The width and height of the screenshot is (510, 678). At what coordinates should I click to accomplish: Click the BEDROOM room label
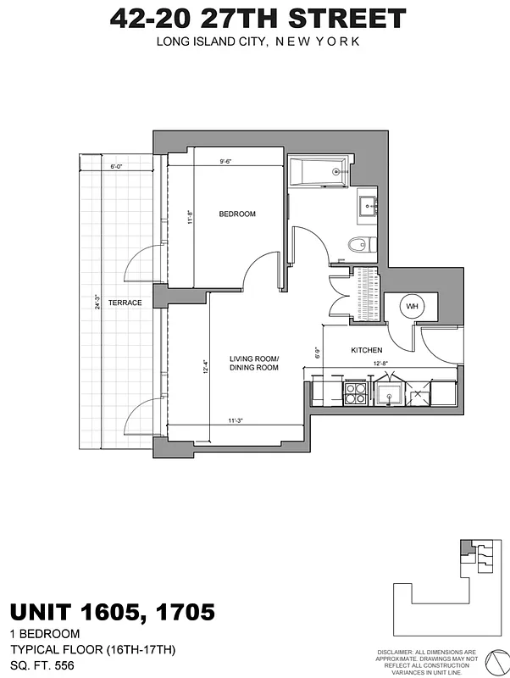click(237, 214)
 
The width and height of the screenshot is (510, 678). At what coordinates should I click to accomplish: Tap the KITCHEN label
click(366, 350)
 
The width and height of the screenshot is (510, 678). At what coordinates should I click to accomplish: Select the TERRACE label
click(124, 303)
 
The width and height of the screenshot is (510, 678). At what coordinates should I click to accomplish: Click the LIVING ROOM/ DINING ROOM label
click(254, 364)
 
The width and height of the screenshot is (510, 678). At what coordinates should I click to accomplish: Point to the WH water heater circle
click(412, 306)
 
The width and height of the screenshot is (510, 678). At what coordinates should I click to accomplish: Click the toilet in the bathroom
click(359, 246)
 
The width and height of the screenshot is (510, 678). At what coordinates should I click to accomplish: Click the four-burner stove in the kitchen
click(354, 393)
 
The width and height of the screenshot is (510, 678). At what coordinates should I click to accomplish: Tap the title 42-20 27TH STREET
click(258, 19)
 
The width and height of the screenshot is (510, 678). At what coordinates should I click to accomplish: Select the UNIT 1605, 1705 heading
click(112, 611)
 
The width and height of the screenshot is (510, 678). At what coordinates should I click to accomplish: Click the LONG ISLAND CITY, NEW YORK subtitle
click(258, 41)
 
